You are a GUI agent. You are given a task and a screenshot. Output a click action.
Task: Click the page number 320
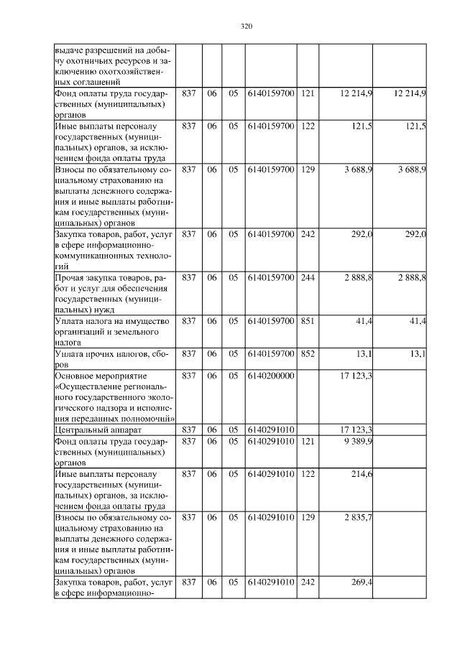(246, 27)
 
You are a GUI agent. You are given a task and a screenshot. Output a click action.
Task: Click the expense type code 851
(308, 321)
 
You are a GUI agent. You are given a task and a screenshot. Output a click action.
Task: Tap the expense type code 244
(308, 277)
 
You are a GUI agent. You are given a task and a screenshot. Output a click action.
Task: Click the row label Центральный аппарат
(91, 430)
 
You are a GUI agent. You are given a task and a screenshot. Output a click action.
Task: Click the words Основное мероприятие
(101, 376)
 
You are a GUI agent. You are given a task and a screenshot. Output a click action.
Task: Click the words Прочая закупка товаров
(104, 277)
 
